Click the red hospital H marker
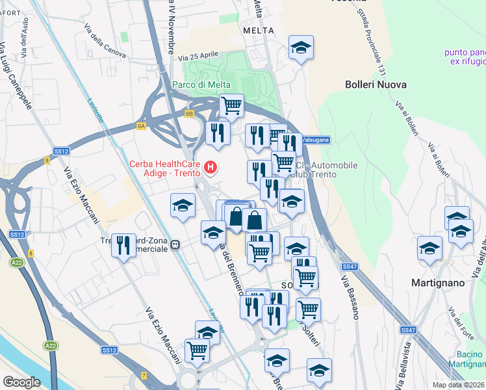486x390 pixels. [x=211, y=168]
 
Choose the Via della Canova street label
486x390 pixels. [x=105, y=39]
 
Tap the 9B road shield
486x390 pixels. [x=189, y=114]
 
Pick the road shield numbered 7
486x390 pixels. [x=144, y=376]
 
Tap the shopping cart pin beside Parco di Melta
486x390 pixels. [x=231, y=105]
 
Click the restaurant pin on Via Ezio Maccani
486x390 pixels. [x=123, y=245]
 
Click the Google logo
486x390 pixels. [x=21, y=382]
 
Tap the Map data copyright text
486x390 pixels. [x=459, y=385]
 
